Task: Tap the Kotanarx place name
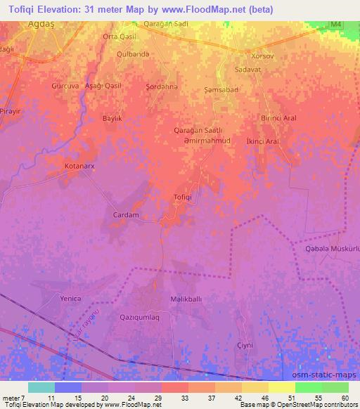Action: (70, 167)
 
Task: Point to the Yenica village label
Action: (71, 299)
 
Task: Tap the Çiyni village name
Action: (245, 345)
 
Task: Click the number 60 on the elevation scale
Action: (345, 397)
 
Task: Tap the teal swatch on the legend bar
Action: (41, 387)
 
